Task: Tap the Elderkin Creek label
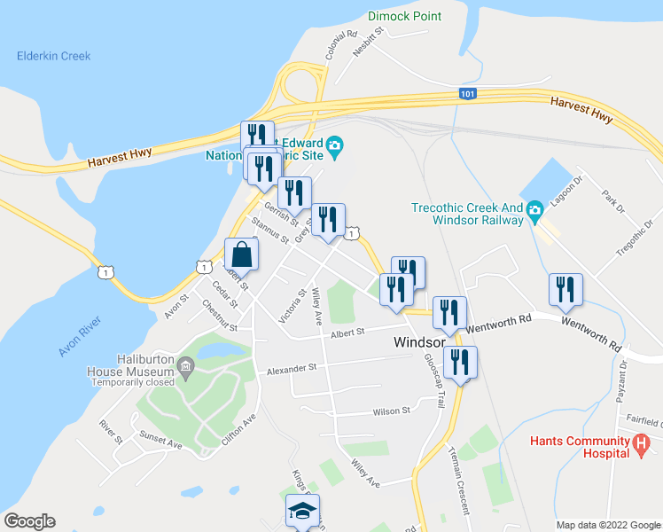(x=53, y=56)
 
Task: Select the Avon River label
(x=82, y=332)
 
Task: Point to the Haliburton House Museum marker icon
(x=185, y=365)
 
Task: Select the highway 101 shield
(x=467, y=93)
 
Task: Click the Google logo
(x=29, y=521)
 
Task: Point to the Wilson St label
(x=392, y=411)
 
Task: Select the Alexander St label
(x=292, y=367)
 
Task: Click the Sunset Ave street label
(x=160, y=439)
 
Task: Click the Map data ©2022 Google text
(x=607, y=525)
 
